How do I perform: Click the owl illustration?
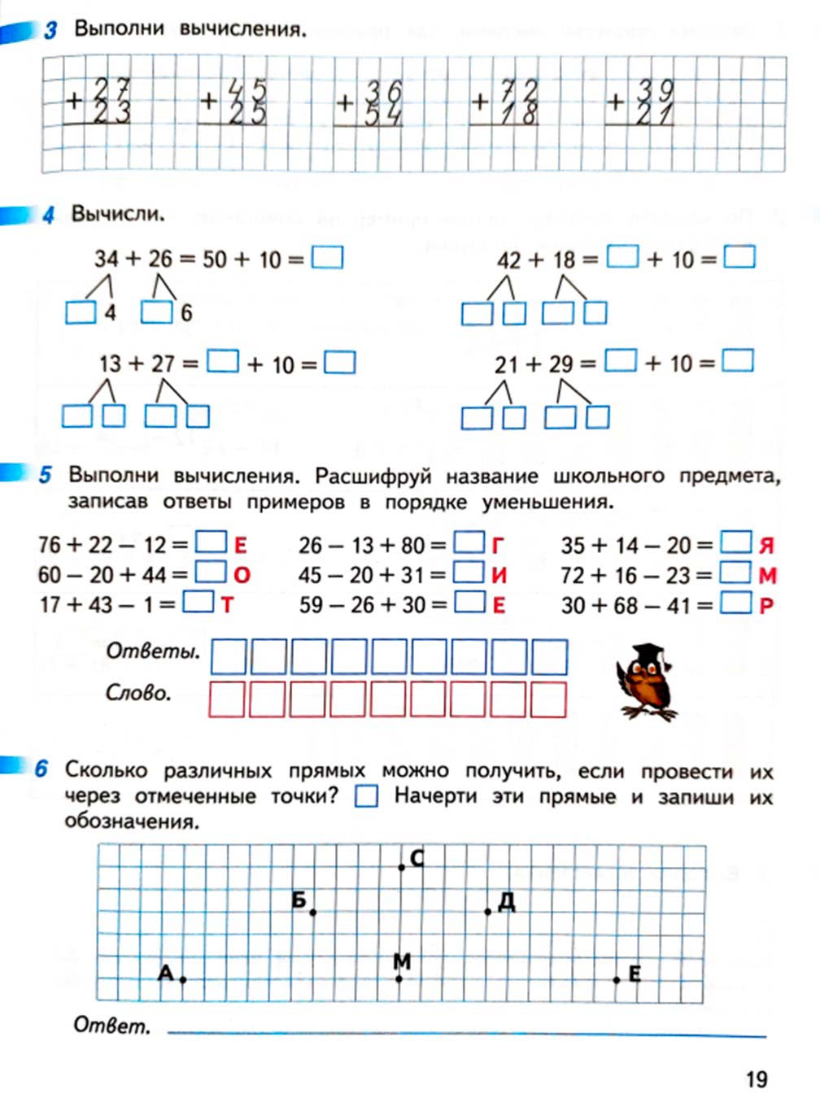[x=646, y=681]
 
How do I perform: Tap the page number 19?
[x=756, y=1078]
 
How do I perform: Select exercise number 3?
[x=50, y=31]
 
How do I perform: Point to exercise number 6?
[x=41, y=769]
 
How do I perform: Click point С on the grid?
[x=402, y=868]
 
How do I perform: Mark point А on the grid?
[x=183, y=980]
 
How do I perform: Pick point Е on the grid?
[x=617, y=980]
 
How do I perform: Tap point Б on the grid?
[x=313, y=913]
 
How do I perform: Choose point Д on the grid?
[x=487, y=912]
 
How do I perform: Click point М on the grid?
[x=399, y=979]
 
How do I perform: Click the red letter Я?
[x=765, y=546]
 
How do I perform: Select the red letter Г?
[x=498, y=545]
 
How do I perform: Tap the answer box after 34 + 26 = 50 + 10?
[x=327, y=258]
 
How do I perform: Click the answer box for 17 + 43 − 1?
[x=198, y=603]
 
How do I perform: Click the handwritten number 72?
[x=519, y=89]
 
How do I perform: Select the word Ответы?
[x=153, y=651]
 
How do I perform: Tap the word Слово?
[x=138, y=694]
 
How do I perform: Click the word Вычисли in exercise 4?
[x=117, y=215]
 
